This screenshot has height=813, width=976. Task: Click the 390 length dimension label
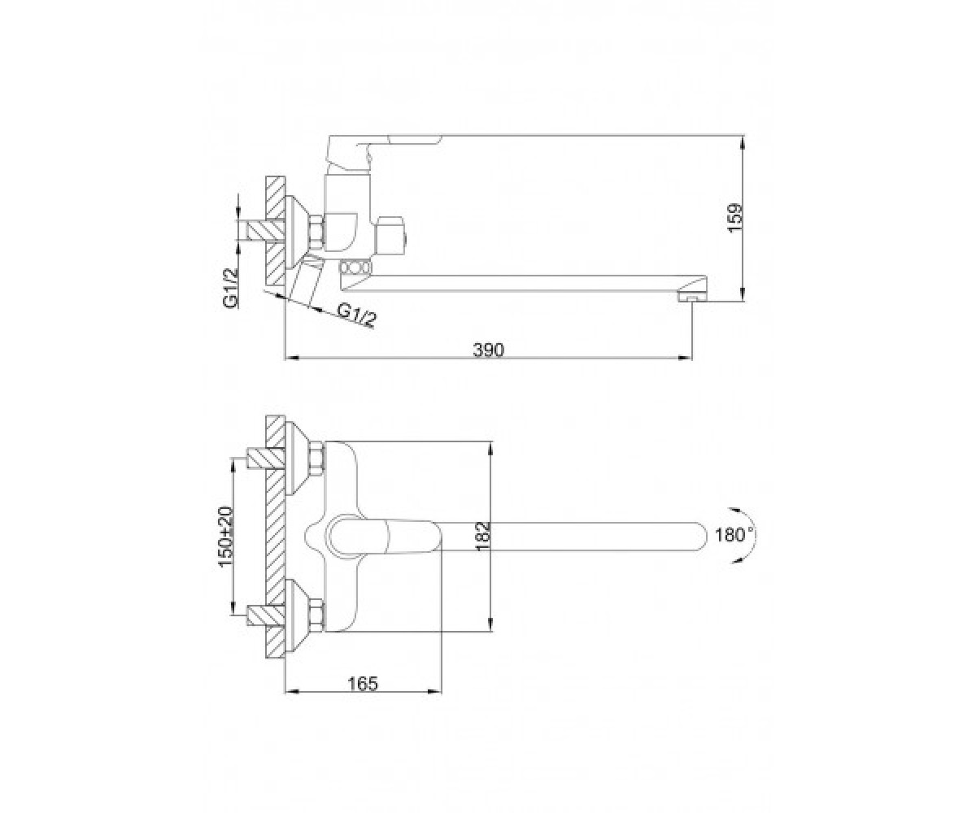click(489, 350)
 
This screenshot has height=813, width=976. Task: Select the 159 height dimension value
click(734, 218)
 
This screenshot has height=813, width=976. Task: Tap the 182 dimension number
click(483, 536)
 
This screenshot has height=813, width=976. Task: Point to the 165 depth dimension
click(363, 684)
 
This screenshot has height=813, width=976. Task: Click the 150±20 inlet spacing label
click(227, 537)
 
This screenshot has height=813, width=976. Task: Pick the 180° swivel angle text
click(735, 534)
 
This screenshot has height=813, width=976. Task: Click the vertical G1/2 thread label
click(230, 289)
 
